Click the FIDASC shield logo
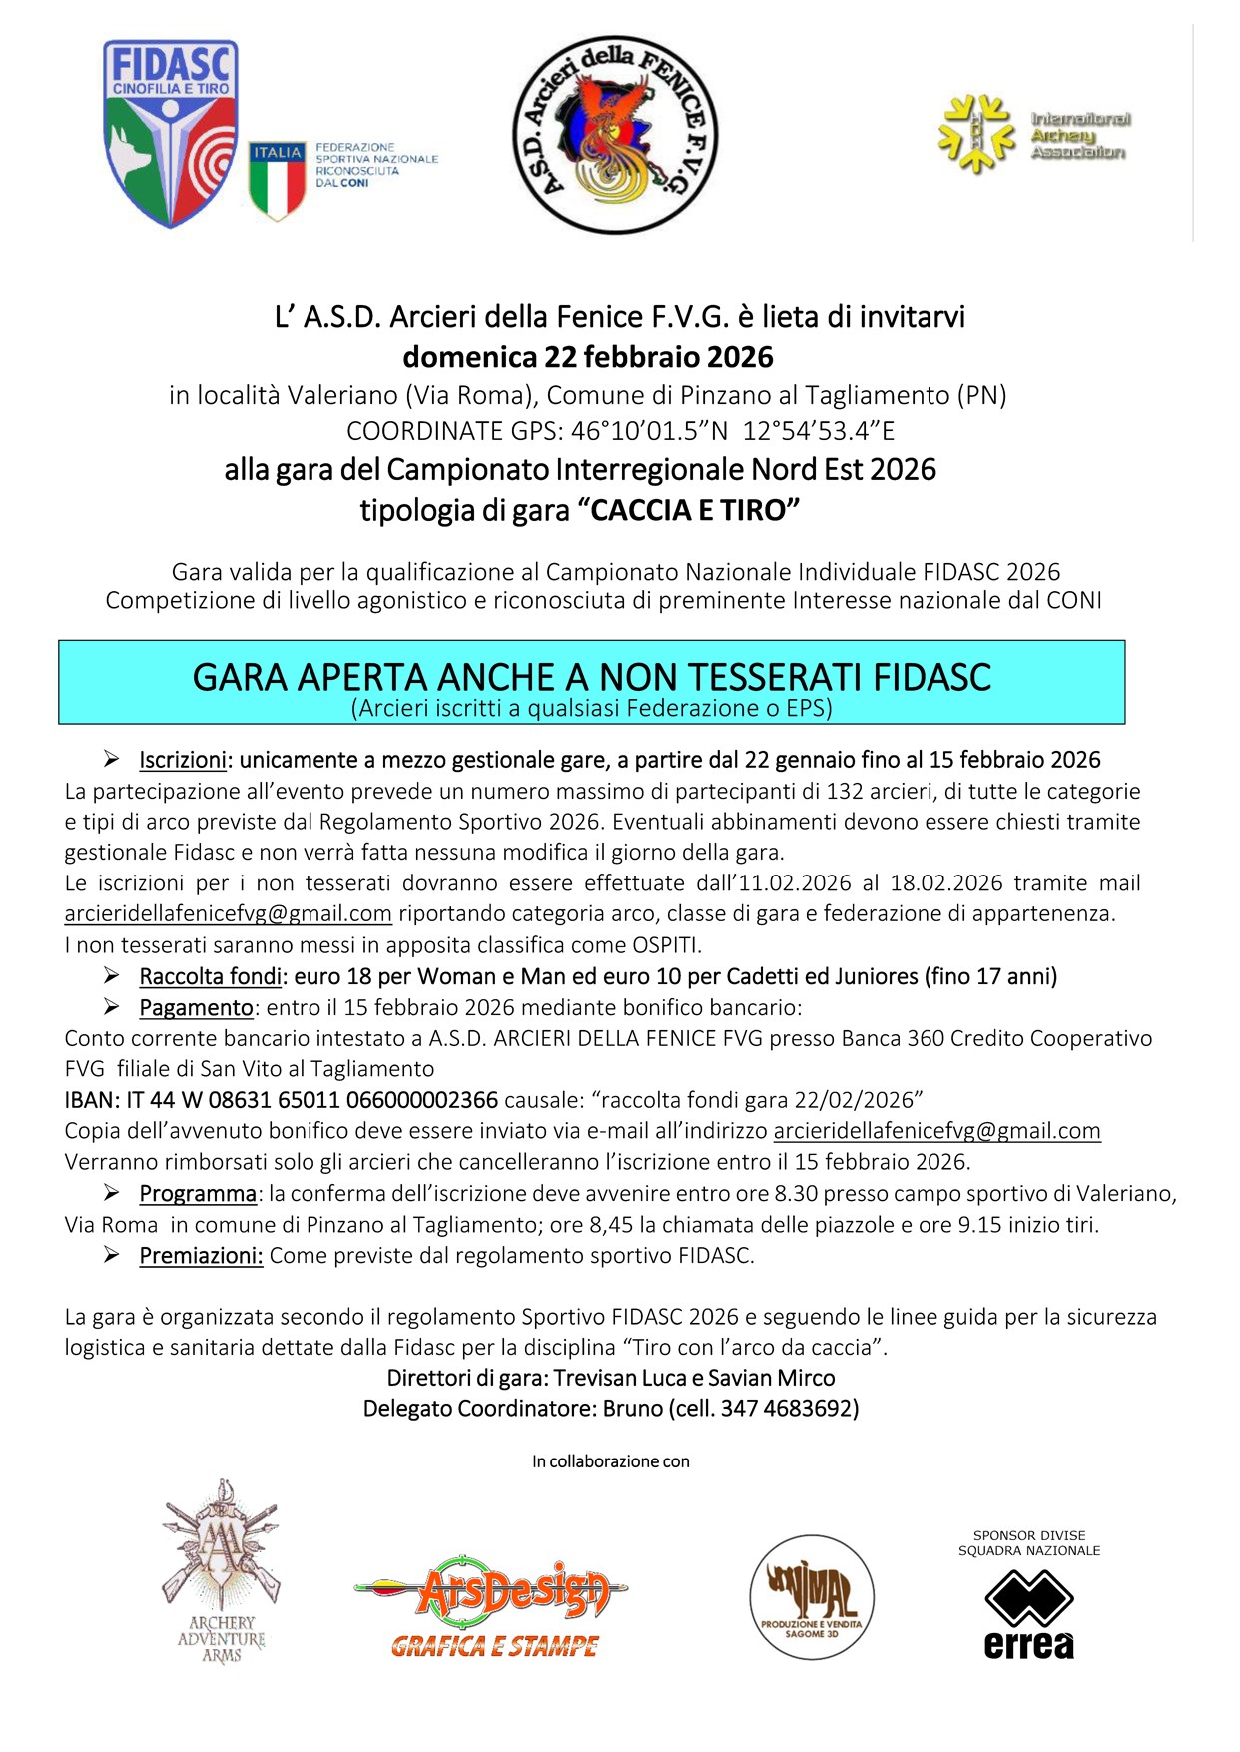pos(171,132)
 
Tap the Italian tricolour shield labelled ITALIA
pos(277,179)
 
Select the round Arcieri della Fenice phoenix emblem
pos(615,135)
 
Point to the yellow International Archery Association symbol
pos(975,134)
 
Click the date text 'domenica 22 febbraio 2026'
pos(588,357)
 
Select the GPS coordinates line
pos(620,431)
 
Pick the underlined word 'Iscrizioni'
pos(183,760)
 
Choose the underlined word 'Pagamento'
pos(196,1007)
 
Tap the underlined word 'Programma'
pos(198,1193)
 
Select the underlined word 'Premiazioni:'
pos(201,1255)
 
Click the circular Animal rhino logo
pos(812,1597)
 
